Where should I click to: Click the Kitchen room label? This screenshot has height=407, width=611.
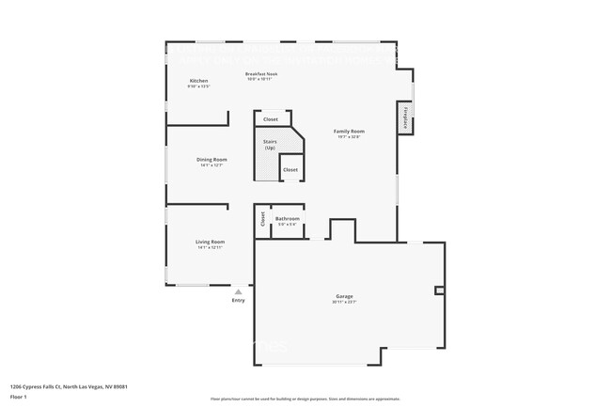click(198, 82)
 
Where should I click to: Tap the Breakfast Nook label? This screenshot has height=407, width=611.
click(260, 73)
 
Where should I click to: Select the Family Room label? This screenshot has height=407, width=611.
click(350, 131)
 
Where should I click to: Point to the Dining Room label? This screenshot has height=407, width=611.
click(211, 160)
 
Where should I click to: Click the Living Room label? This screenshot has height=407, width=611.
click(210, 242)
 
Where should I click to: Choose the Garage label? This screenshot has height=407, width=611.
click(344, 296)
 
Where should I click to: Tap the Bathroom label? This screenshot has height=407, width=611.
click(287, 219)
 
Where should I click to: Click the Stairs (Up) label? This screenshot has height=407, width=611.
click(270, 145)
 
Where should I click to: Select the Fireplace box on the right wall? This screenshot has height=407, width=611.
click(405, 117)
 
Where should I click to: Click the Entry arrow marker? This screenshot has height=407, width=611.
click(238, 291)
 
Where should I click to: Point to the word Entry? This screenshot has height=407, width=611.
click(238, 300)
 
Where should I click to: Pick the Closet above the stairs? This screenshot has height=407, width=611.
click(271, 119)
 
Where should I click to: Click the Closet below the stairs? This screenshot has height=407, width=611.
click(290, 169)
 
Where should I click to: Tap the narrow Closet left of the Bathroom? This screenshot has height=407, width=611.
click(262, 221)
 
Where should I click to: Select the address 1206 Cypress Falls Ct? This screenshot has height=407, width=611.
click(69, 386)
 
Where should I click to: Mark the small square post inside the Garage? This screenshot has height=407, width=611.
click(439, 290)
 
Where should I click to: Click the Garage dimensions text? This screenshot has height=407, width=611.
click(344, 302)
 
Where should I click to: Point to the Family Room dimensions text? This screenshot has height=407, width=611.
click(350, 136)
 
